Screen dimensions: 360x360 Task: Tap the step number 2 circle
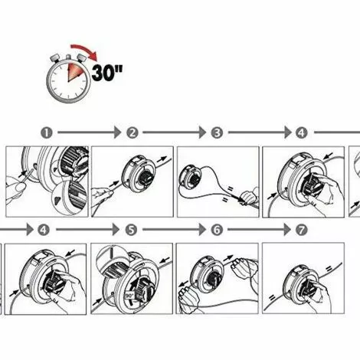coord(132,133)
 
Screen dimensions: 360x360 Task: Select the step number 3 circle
coord(218,133)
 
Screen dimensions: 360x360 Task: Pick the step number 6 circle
coord(217,229)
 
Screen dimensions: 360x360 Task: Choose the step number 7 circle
coord(302,229)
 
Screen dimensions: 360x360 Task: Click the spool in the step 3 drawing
coord(190,182)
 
